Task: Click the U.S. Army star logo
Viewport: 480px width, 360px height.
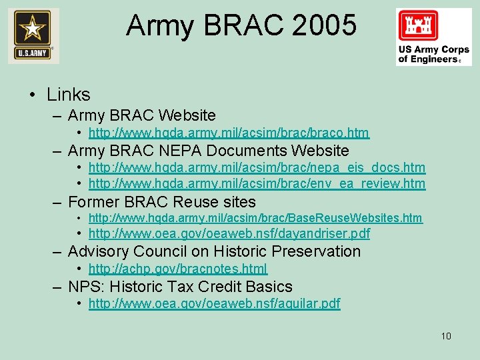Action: coord(33,35)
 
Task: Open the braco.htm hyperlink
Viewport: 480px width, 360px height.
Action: coord(229,133)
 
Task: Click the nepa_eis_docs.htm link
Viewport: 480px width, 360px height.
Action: coord(257,167)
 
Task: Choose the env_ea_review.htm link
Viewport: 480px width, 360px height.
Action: coord(257,183)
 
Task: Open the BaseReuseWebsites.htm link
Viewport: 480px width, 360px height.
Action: coord(255,218)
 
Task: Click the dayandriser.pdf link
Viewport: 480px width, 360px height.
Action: coord(229,233)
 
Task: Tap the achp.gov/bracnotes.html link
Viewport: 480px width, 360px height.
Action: coord(177,269)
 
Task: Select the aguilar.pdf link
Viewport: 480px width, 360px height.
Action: coord(214,303)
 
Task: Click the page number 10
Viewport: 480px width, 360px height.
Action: coord(446,335)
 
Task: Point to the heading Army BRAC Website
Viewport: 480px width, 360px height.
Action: coord(141,115)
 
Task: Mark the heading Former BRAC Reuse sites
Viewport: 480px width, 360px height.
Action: coord(161,201)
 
